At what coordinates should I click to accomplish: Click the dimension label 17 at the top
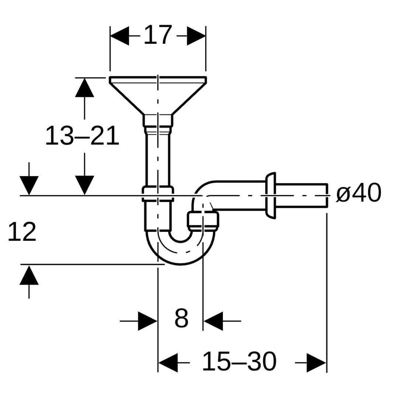(158, 35)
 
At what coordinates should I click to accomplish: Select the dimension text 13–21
(82, 136)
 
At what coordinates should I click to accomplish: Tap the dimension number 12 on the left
(22, 231)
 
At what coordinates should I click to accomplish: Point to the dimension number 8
(181, 318)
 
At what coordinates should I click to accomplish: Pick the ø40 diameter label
(359, 193)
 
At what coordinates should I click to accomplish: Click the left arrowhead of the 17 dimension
(119, 36)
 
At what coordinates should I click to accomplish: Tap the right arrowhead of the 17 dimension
(196, 36)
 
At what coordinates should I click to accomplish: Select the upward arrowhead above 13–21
(84, 87)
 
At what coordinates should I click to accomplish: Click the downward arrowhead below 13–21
(84, 185)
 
